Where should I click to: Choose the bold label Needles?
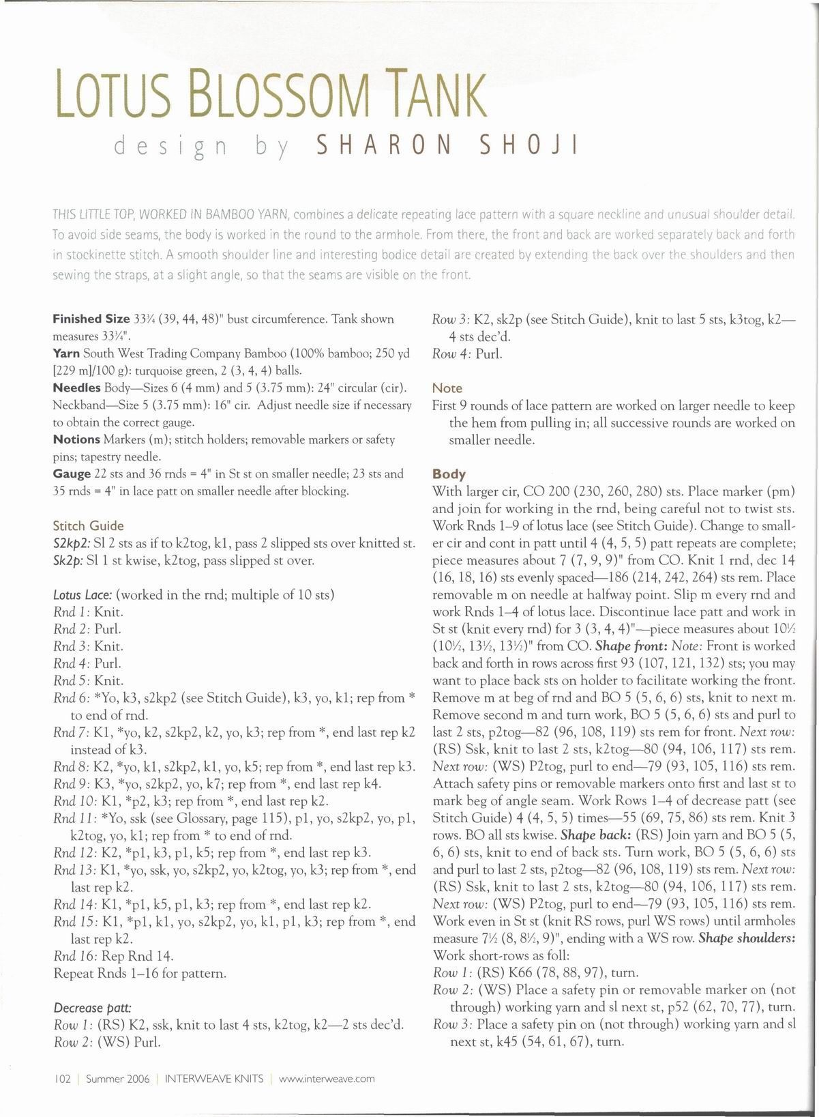click(76, 388)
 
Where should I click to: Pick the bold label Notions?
click(76, 439)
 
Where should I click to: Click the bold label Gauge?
click(72, 474)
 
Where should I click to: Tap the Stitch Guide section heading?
click(88, 525)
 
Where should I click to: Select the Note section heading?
click(447, 388)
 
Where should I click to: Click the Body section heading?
click(449, 474)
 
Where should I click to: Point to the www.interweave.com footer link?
click(327, 1079)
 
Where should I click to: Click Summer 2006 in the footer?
click(114, 1079)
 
